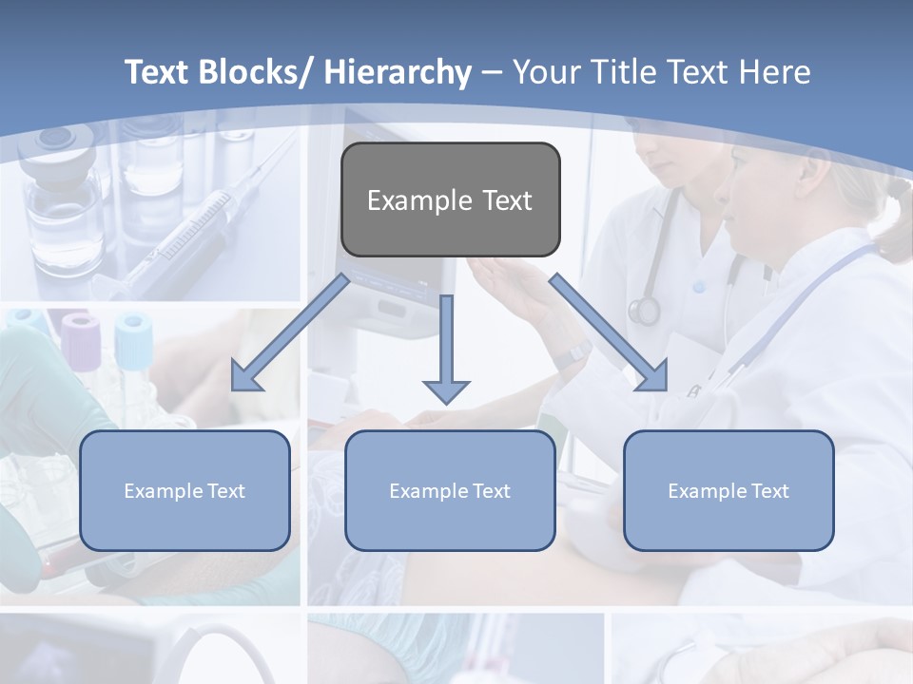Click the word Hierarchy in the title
tap(398, 72)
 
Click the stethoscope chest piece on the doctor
tap(644, 310)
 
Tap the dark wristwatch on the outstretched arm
tap(573, 357)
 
